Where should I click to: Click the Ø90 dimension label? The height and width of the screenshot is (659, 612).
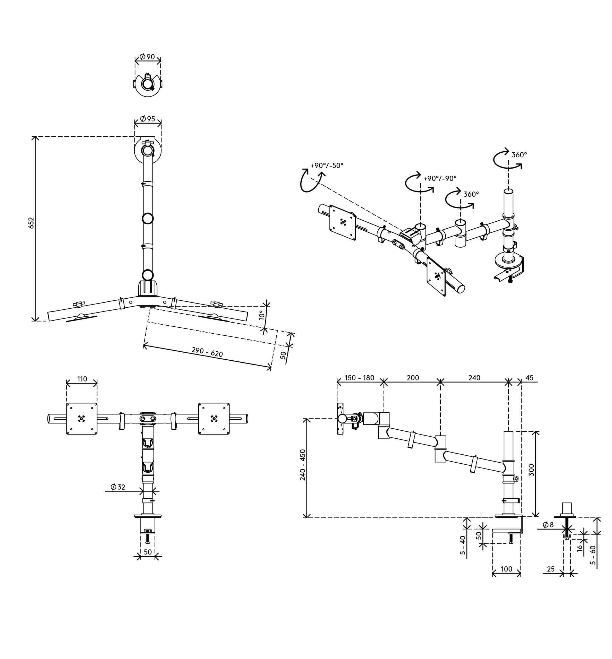147,57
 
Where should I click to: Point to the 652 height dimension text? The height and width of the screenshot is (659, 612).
31,222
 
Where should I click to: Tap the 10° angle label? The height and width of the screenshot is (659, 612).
262,315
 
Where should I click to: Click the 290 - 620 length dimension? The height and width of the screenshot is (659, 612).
207,352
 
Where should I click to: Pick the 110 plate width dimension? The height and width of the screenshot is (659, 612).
82,379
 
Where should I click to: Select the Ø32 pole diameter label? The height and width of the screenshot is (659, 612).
118,487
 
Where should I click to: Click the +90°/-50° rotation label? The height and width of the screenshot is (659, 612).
327,166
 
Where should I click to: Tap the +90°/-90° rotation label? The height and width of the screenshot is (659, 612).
440,178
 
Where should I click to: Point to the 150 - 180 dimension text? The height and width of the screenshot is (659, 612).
359,378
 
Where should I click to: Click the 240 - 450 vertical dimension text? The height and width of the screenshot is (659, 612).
303,465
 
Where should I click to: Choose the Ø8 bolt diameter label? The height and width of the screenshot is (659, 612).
548,525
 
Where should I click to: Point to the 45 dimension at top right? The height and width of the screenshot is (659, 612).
529,378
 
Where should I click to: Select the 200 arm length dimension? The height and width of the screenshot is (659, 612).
413,378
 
